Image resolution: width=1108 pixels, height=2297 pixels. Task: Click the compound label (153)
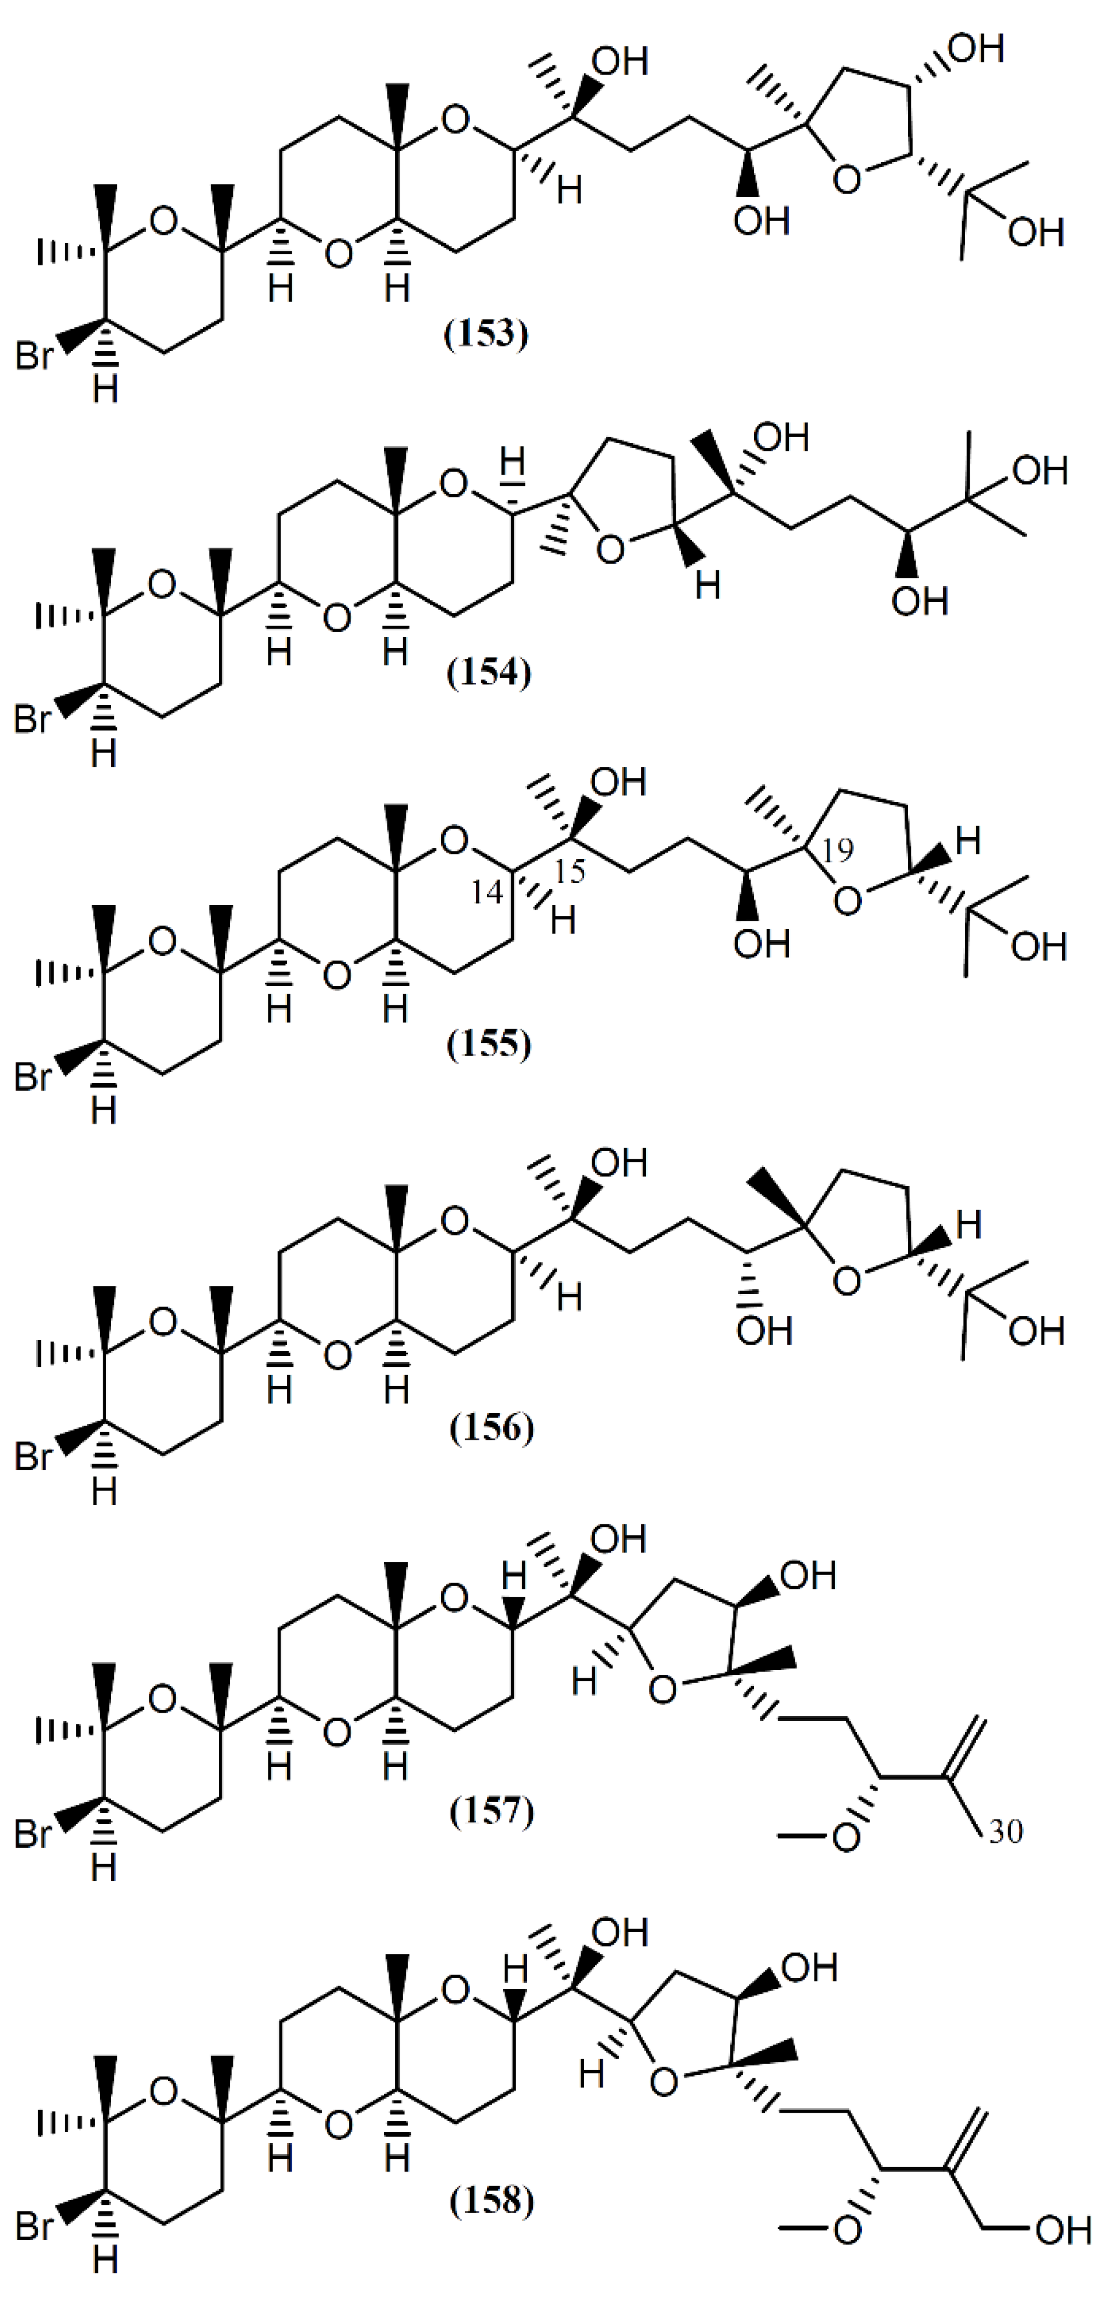click(486, 334)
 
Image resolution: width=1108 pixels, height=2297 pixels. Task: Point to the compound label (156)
click(491, 1428)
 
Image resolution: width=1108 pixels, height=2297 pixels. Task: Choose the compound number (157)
click(491, 1811)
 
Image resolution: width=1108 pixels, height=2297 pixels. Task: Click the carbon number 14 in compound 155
click(487, 891)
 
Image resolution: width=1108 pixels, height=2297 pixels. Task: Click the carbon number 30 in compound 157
click(1005, 1832)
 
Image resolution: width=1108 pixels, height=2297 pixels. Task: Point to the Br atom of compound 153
click(34, 357)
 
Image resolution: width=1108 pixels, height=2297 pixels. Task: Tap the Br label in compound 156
click(34, 1456)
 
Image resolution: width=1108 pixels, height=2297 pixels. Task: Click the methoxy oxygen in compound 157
click(845, 1835)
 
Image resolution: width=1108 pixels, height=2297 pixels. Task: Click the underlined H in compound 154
click(512, 463)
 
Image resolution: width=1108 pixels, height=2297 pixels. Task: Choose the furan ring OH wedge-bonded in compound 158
click(808, 1966)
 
